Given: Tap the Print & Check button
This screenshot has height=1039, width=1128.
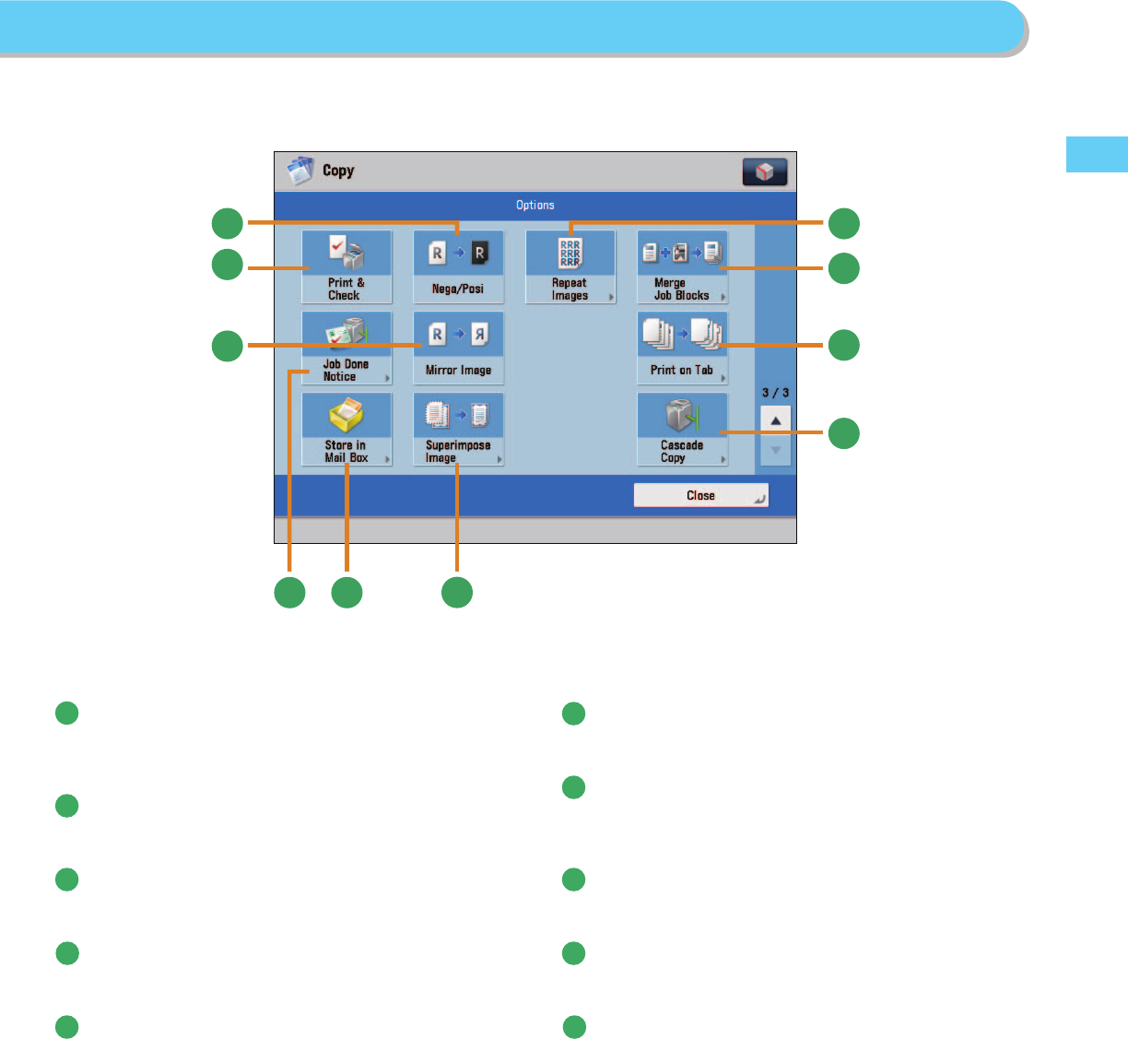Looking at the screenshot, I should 347,266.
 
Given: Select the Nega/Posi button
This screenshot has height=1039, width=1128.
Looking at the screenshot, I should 458,266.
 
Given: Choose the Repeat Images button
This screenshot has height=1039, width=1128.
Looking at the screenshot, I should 570,266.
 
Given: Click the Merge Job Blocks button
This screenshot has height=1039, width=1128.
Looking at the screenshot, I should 682,266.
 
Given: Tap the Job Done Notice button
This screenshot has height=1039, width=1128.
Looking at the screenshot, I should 347,348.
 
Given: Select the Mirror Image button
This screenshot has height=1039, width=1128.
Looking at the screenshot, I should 458,348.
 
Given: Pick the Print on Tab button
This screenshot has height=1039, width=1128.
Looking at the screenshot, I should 682,348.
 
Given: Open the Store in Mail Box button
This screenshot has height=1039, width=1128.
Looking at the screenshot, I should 347,429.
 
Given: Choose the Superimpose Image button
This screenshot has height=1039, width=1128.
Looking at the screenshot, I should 458,429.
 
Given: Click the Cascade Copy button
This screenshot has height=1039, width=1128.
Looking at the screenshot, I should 682,429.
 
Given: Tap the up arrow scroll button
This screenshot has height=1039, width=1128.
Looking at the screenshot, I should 776,420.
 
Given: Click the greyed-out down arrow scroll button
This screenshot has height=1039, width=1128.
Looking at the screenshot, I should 776,451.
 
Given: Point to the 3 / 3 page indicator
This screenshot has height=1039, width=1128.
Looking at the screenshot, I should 775,393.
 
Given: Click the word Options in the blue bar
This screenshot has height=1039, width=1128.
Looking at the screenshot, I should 535,205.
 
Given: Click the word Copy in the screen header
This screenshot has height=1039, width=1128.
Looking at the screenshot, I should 338,171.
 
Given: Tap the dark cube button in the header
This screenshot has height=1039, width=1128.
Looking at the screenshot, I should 764,172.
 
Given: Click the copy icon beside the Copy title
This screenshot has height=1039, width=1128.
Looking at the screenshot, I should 300,171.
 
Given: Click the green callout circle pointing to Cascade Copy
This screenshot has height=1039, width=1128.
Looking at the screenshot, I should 843,433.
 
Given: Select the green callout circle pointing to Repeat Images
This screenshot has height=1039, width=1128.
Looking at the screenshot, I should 843,223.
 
